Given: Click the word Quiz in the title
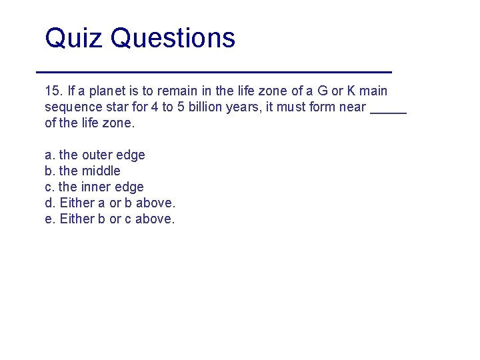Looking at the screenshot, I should (73, 38).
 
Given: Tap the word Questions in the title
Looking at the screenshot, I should (173, 38).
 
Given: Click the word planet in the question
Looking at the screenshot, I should (108, 91).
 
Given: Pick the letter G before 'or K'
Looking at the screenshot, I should (323, 91).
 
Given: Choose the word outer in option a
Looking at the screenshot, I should (97, 155).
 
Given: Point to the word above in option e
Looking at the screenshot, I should (155, 219).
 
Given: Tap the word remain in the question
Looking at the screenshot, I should (179, 91).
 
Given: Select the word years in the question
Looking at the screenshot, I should (245, 107).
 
